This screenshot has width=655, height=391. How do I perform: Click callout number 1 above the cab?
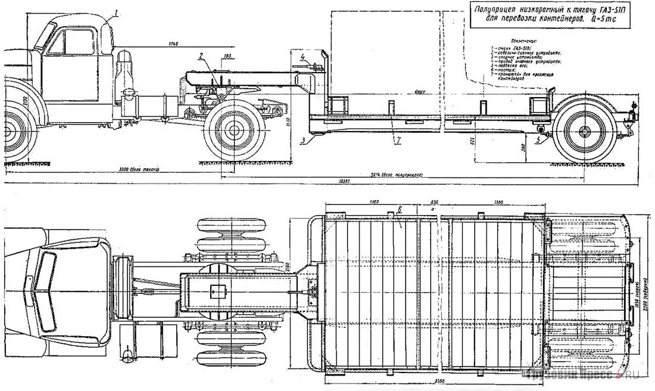click(x=117, y=11)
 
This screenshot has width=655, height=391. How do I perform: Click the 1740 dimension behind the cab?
click(x=173, y=44)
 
